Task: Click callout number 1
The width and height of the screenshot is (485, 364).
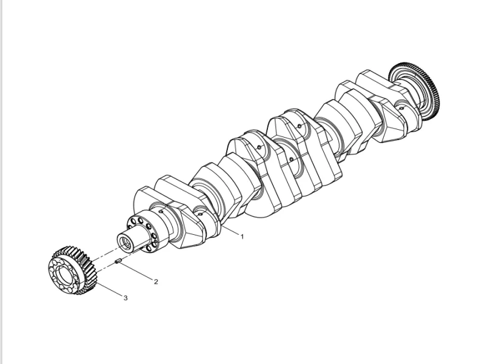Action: (x=242, y=237)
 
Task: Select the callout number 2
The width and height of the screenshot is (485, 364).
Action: (x=156, y=282)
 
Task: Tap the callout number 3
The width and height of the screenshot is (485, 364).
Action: (x=125, y=298)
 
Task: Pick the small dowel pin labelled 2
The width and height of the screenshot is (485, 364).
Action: (x=119, y=261)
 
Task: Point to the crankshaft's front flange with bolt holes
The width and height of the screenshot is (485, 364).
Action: (x=149, y=231)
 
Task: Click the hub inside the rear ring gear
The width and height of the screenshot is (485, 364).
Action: (x=406, y=85)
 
